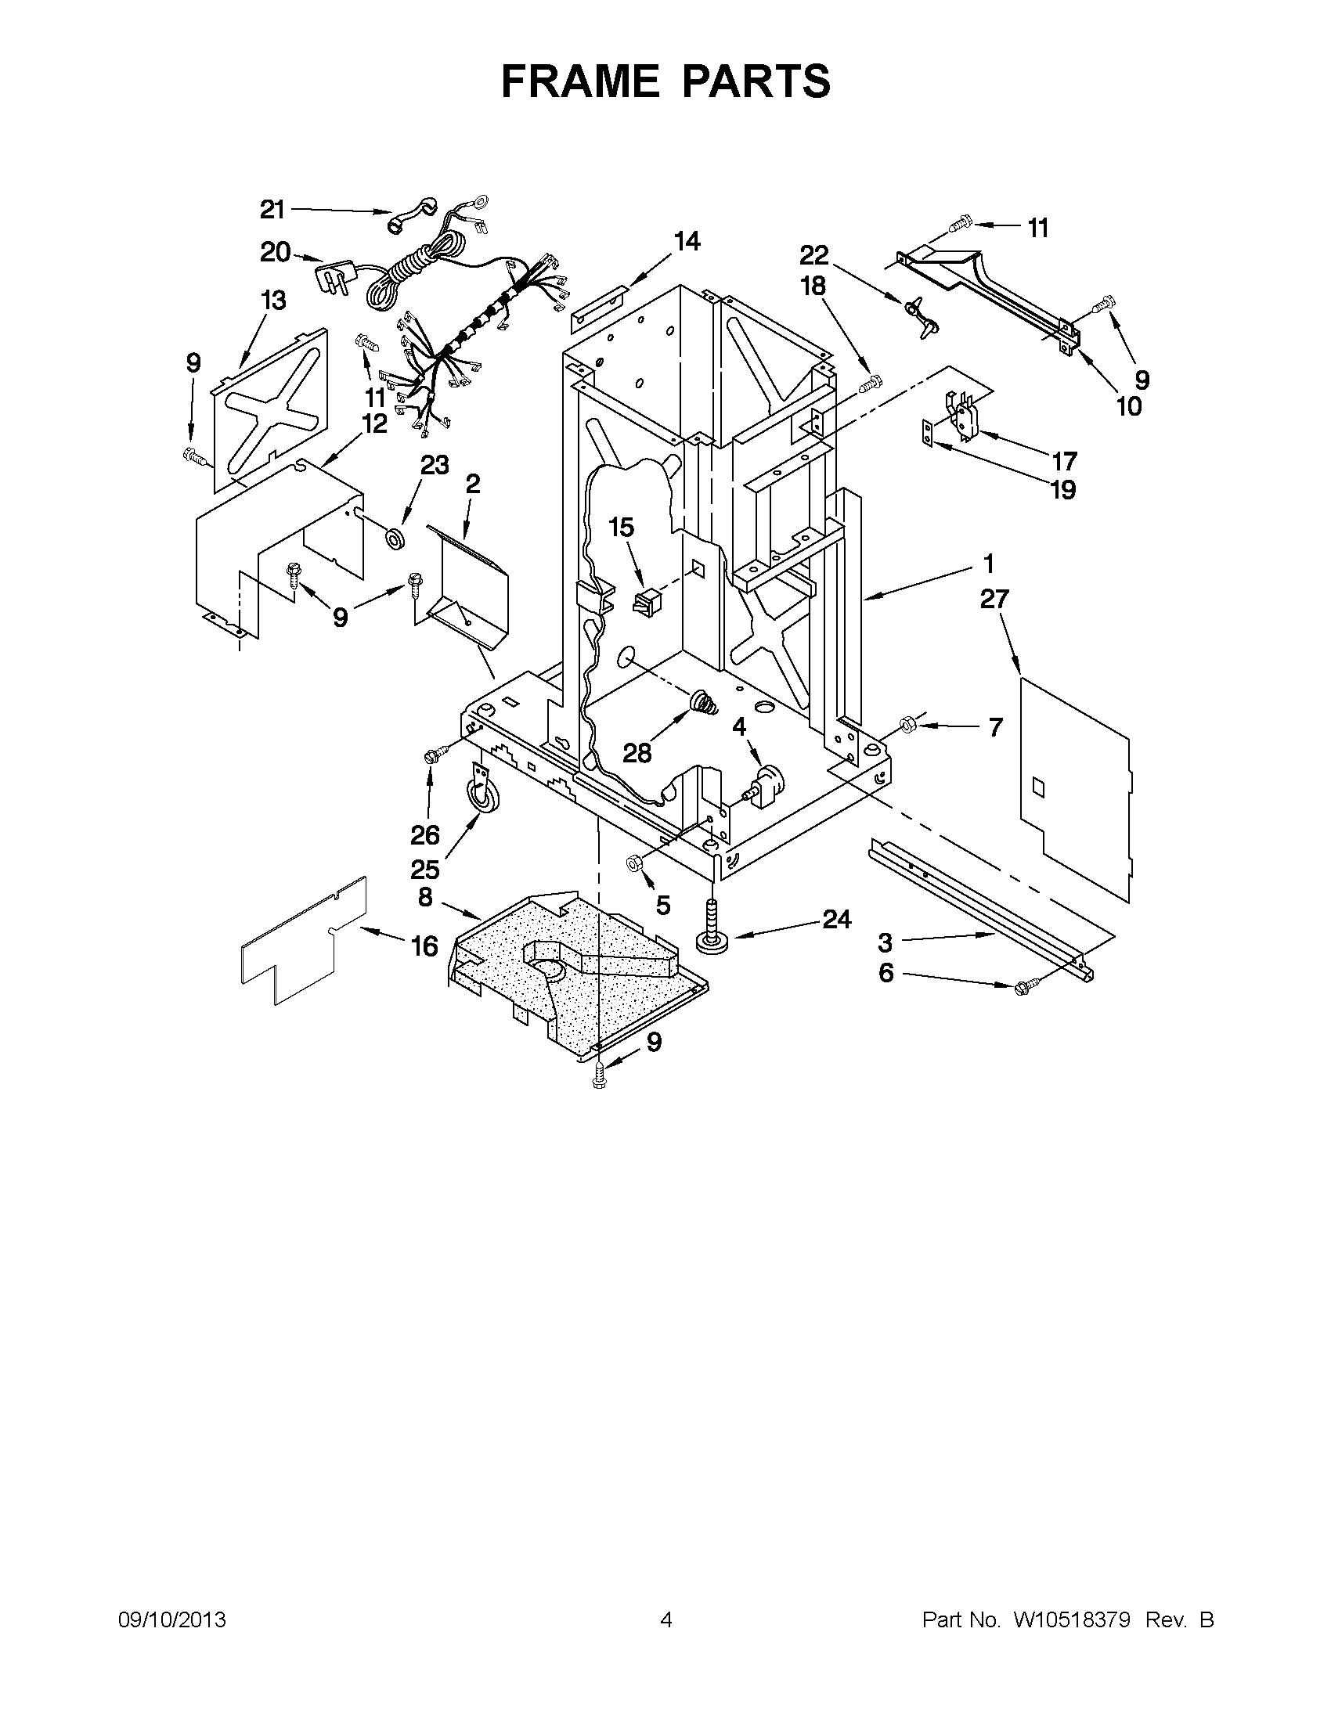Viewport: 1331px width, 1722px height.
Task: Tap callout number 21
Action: pyautogui.click(x=272, y=210)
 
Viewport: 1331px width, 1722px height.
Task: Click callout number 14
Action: pyautogui.click(x=687, y=241)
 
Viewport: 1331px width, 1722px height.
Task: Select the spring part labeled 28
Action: pyautogui.click(x=704, y=701)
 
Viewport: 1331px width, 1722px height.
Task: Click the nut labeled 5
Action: pyautogui.click(x=633, y=863)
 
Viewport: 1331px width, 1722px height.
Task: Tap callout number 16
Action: pyautogui.click(x=425, y=945)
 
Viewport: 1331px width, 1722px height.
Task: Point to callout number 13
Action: pyautogui.click(x=272, y=301)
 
